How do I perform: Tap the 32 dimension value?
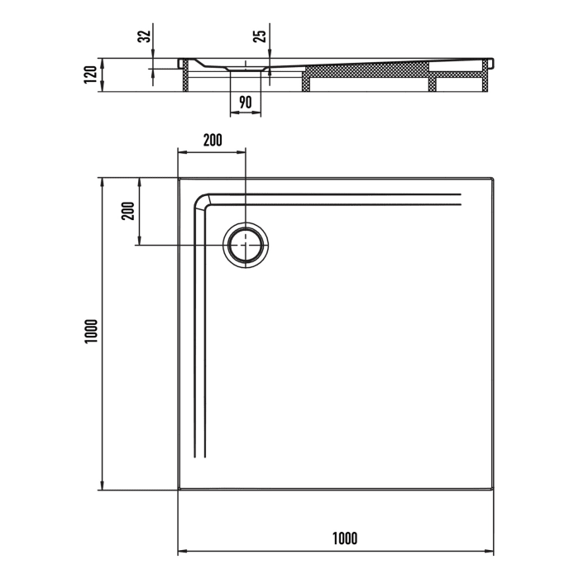point(144,37)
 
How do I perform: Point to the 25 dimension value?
point(260,37)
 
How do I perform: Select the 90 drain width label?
point(246,103)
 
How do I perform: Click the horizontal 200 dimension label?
point(213,140)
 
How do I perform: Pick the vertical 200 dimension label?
point(127,212)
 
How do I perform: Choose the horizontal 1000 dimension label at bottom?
point(345,538)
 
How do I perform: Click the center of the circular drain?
point(246,245)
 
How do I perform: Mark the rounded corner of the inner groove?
point(201,201)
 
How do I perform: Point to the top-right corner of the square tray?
point(494,177)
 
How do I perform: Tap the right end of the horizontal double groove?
point(459,199)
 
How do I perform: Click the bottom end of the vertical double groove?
point(199,457)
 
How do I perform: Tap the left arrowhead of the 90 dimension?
point(232,113)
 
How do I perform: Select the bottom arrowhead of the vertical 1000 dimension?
point(101,486)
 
